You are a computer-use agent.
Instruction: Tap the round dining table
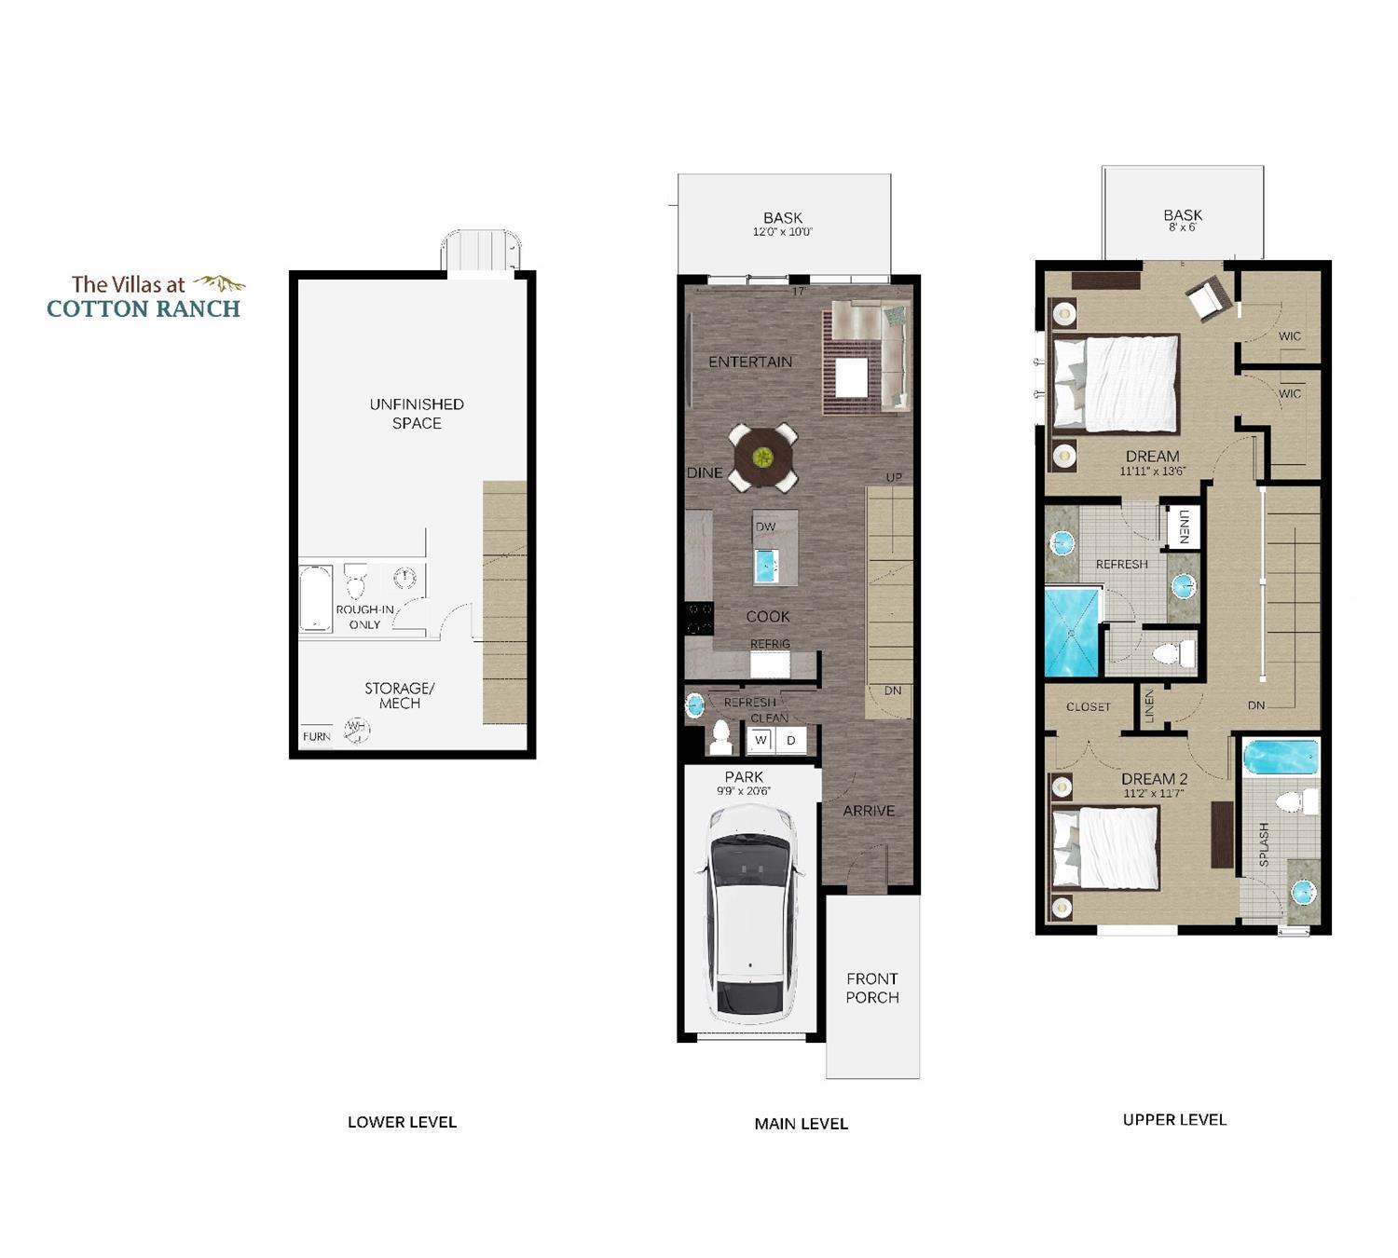point(763,457)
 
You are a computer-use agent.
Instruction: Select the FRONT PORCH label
point(872,988)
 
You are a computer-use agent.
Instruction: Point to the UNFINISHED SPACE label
point(417,413)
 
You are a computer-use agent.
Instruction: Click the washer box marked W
point(761,740)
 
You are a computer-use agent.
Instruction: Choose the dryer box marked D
point(791,740)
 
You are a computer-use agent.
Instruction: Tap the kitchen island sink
point(765,566)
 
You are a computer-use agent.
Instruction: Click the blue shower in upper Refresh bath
point(1072,631)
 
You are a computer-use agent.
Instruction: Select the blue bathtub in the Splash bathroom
point(1281,758)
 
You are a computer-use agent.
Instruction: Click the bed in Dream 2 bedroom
point(1106,848)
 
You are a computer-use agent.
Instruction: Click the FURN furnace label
point(316,736)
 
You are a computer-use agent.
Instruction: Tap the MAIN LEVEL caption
point(801,1124)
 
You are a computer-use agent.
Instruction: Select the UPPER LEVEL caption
point(1174,1119)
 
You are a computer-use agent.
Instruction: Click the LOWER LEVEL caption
point(402,1122)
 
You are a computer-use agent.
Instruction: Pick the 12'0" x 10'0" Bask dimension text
point(783,232)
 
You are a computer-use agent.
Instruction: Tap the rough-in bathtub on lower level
point(316,598)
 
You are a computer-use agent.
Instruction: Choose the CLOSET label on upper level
point(1088,706)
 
